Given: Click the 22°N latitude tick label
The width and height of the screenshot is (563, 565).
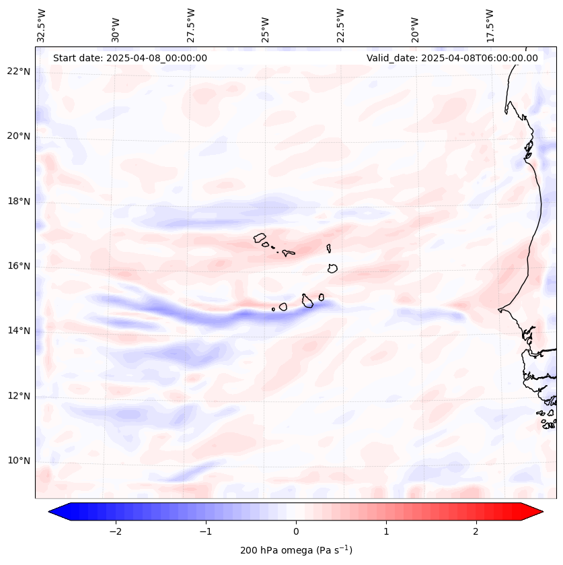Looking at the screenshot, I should point(19,71).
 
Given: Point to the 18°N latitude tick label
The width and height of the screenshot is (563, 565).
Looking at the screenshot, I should point(19,201).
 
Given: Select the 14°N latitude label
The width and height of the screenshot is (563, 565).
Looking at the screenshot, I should point(19,331).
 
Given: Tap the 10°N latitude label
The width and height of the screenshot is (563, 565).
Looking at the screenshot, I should point(19,461).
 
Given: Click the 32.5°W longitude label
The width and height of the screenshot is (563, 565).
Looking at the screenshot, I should point(42,25).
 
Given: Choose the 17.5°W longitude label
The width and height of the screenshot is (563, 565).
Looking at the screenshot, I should point(490,25).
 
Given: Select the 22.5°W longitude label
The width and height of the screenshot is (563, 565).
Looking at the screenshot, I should point(340,25).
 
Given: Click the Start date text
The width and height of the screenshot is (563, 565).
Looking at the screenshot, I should point(130,58).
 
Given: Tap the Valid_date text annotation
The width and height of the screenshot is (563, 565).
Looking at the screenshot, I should point(452,58).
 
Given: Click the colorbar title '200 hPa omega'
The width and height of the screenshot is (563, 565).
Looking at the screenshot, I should point(296,550).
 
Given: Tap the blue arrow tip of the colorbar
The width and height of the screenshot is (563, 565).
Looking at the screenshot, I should point(55,512).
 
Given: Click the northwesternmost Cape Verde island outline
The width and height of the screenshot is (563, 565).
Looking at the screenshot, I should point(260,237).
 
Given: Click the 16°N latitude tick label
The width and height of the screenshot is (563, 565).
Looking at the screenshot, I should point(19,266).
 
